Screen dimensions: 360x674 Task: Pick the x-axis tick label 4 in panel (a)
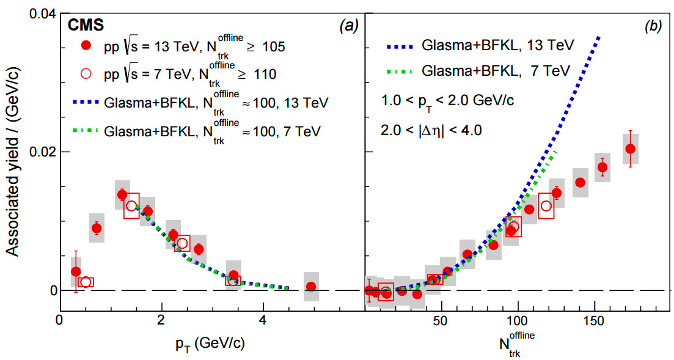coord(263,320)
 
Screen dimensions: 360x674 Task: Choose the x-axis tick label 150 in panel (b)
coord(595,320)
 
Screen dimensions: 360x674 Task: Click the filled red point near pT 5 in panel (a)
coord(311,286)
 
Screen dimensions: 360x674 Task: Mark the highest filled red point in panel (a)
coord(122,194)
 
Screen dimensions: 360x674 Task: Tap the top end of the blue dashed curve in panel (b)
coord(599,37)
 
